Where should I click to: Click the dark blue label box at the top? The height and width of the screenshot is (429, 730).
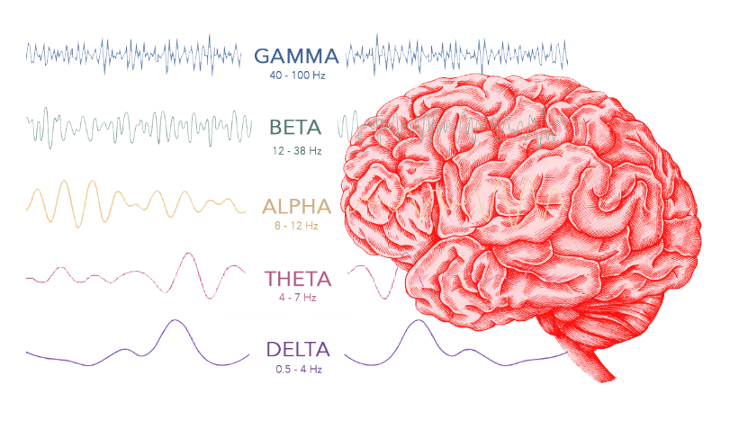coord(294,63)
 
